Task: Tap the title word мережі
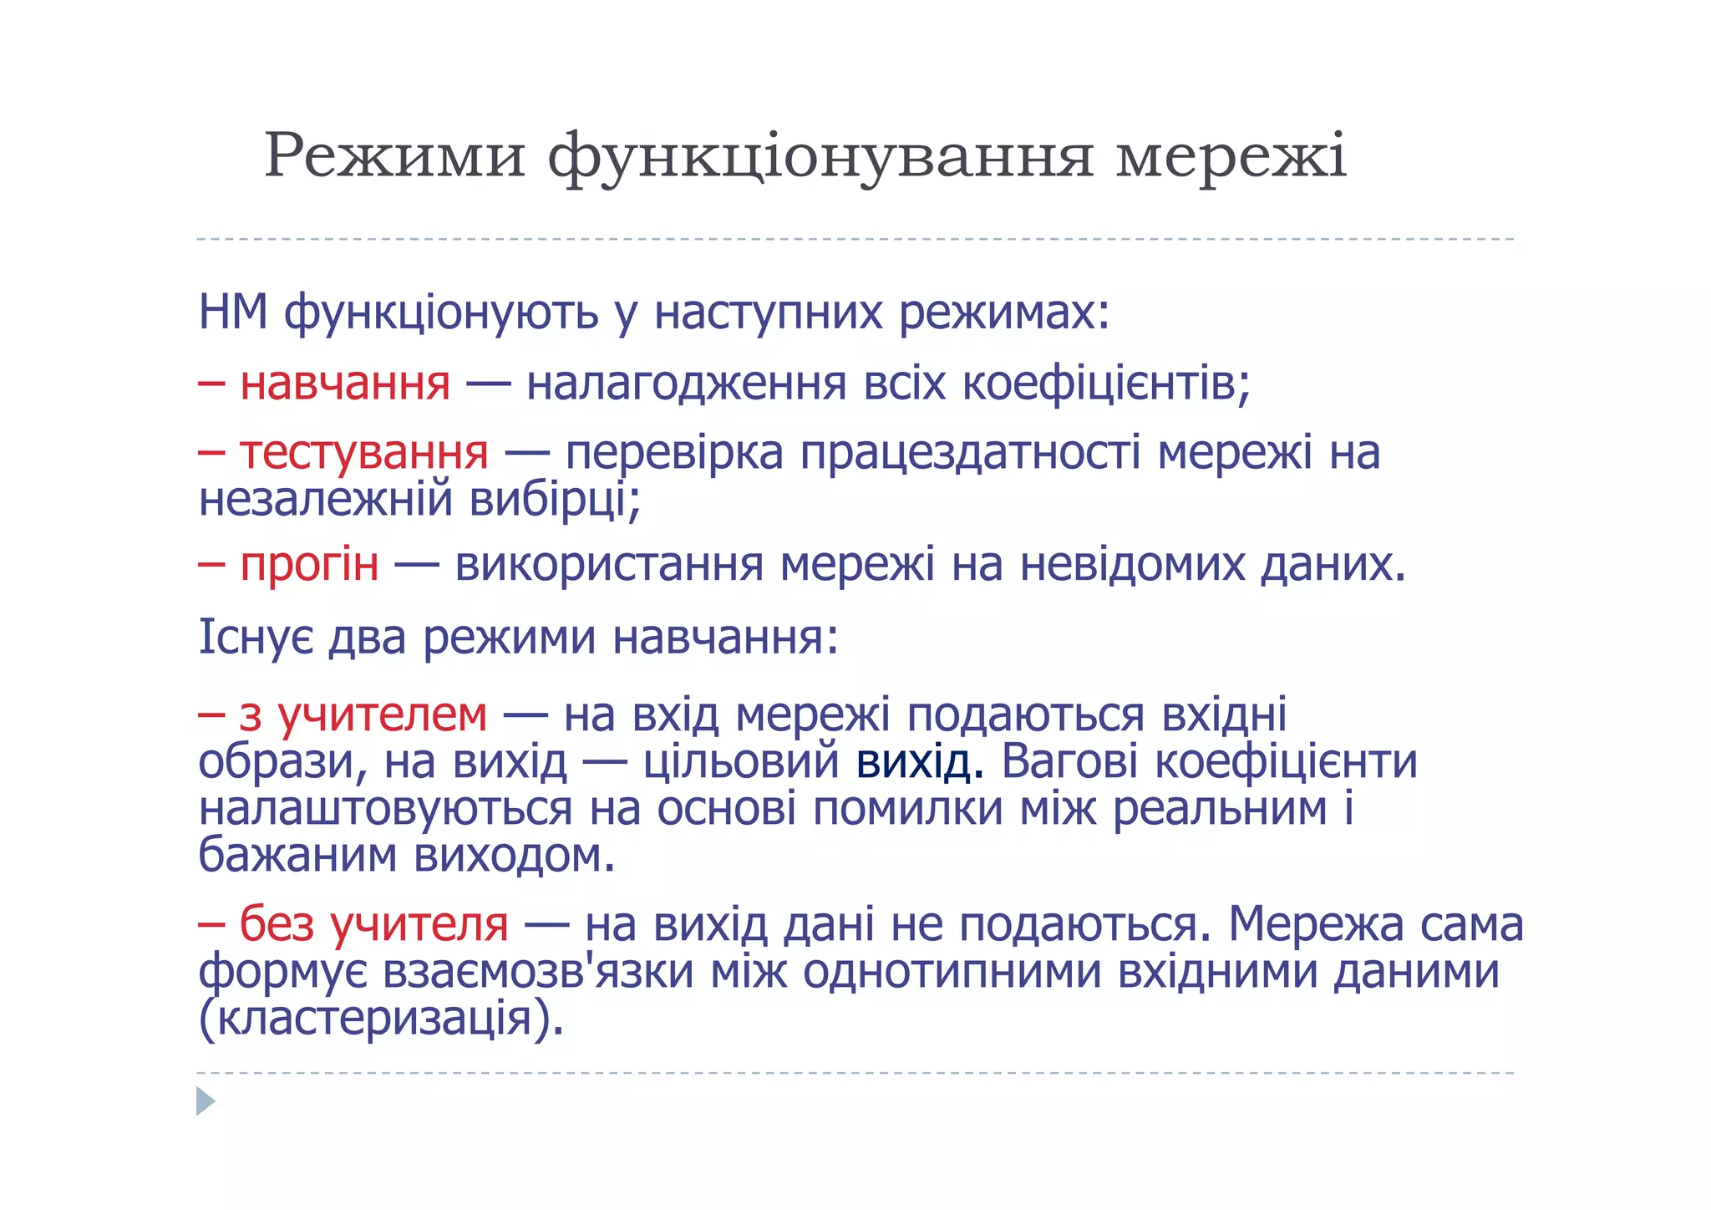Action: [x=1231, y=155]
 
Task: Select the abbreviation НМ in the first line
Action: [x=233, y=313]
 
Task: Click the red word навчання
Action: [x=345, y=384]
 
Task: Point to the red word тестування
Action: [x=364, y=454]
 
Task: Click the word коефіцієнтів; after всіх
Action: [x=1106, y=384]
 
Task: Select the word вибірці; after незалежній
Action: [x=555, y=501]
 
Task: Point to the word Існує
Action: [x=256, y=638]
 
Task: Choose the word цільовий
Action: [x=741, y=762]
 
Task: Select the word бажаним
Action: [x=297, y=856]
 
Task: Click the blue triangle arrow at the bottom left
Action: [x=206, y=1101]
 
